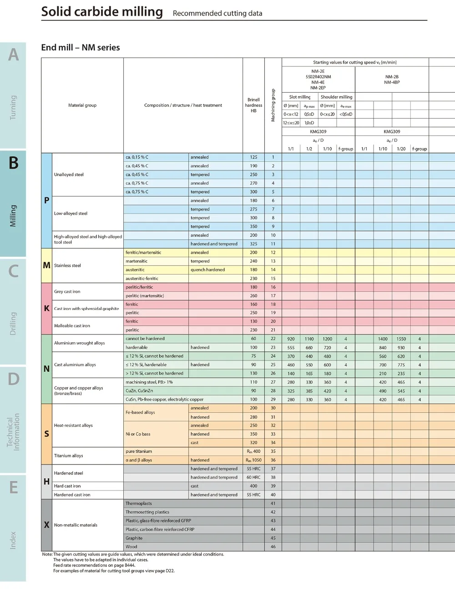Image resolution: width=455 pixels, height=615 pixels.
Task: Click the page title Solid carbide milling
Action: (102, 11)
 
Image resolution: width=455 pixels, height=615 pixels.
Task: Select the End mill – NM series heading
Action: (81, 47)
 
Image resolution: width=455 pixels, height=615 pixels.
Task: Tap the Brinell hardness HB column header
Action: (253, 105)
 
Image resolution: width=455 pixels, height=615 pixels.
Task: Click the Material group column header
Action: (82, 105)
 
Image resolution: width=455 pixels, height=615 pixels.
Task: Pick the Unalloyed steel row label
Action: (69, 175)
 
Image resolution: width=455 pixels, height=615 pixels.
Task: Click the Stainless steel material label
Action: (67, 265)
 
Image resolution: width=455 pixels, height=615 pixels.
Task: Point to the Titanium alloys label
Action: (68, 455)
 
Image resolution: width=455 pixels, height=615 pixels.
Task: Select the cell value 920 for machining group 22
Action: (291, 339)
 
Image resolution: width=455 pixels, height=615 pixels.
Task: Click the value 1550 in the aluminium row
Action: (401, 339)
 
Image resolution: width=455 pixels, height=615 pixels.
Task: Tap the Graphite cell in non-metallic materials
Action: (134, 538)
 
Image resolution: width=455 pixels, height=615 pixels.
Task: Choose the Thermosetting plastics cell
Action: (147, 512)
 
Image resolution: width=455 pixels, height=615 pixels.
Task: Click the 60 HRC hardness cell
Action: (253, 477)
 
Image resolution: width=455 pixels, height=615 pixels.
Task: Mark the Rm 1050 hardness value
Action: (253, 460)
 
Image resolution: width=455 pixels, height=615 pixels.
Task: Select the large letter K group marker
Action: (46, 308)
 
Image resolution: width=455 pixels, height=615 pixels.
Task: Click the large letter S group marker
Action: (46, 434)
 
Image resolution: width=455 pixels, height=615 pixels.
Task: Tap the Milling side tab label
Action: (13, 215)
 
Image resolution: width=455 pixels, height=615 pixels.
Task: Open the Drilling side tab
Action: (13, 323)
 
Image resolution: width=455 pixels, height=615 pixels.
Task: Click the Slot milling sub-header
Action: (300, 97)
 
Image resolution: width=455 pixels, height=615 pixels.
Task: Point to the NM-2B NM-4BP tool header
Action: (392, 80)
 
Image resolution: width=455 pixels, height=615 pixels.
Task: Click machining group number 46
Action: (273, 547)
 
